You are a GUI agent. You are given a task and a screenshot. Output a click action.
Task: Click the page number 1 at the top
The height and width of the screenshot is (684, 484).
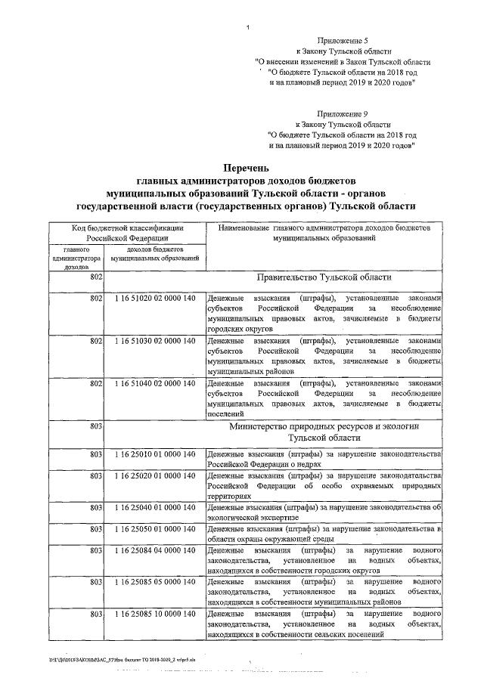(247, 28)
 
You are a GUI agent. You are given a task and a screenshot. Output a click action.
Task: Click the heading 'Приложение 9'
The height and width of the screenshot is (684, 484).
(343, 113)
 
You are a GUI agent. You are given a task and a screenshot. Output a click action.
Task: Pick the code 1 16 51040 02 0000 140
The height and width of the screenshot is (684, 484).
(155, 384)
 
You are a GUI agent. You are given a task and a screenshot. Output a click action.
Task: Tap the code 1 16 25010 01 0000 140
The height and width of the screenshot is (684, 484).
(155, 453)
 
